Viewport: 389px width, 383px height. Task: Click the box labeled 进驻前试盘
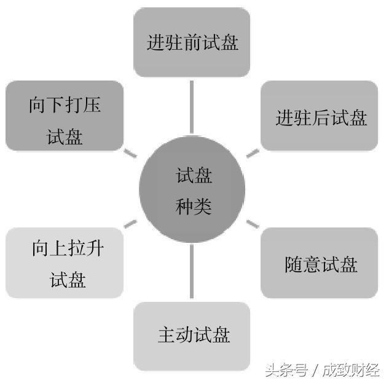pyautogui.click(x=192, y=42)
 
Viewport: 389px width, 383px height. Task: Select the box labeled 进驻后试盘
pyautogui.click(x=320, y=116)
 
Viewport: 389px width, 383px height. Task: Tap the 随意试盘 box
pyautogui.click(x=320, y=263)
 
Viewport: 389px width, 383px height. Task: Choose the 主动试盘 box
pyautogui.click(x=192, y=336)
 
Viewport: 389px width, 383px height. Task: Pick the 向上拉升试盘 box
pyautogui.click(x=65, y=263)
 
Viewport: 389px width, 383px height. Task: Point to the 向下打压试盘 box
pyautogui.click(x=65, y=116)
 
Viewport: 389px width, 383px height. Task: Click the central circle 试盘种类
pyautogui.click(x=192, y=189)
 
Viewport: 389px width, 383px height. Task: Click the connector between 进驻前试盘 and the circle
pyautogui.click(x=192, y=107)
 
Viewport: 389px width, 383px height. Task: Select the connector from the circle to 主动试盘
pyautogui.click(x=192, y=271)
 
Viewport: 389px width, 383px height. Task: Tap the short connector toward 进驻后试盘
pyautogui.click(x=253, y=153)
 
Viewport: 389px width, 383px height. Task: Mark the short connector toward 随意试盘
pyautogui.click(x=253, y=224)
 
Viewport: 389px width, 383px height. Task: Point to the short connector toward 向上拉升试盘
pyautogui.click(x=130, y=224)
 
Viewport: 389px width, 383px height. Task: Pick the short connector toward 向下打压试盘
pyautogui.click(x=130, y=153)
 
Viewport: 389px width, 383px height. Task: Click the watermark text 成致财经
pyautogui.click(x=351, y=370)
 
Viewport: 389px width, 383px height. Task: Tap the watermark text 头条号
pyautogui.click(x=286, y=370)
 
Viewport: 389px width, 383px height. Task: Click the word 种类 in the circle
pyautogui.click(x=194, y=207)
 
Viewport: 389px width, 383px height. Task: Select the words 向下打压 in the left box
pyautogui.click(x=65, y=105)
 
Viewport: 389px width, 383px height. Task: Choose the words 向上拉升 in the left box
pyautogui.click(x=68, y=248)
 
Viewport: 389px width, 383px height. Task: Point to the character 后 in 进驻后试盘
pyautogui.click(x=321, y=117)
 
